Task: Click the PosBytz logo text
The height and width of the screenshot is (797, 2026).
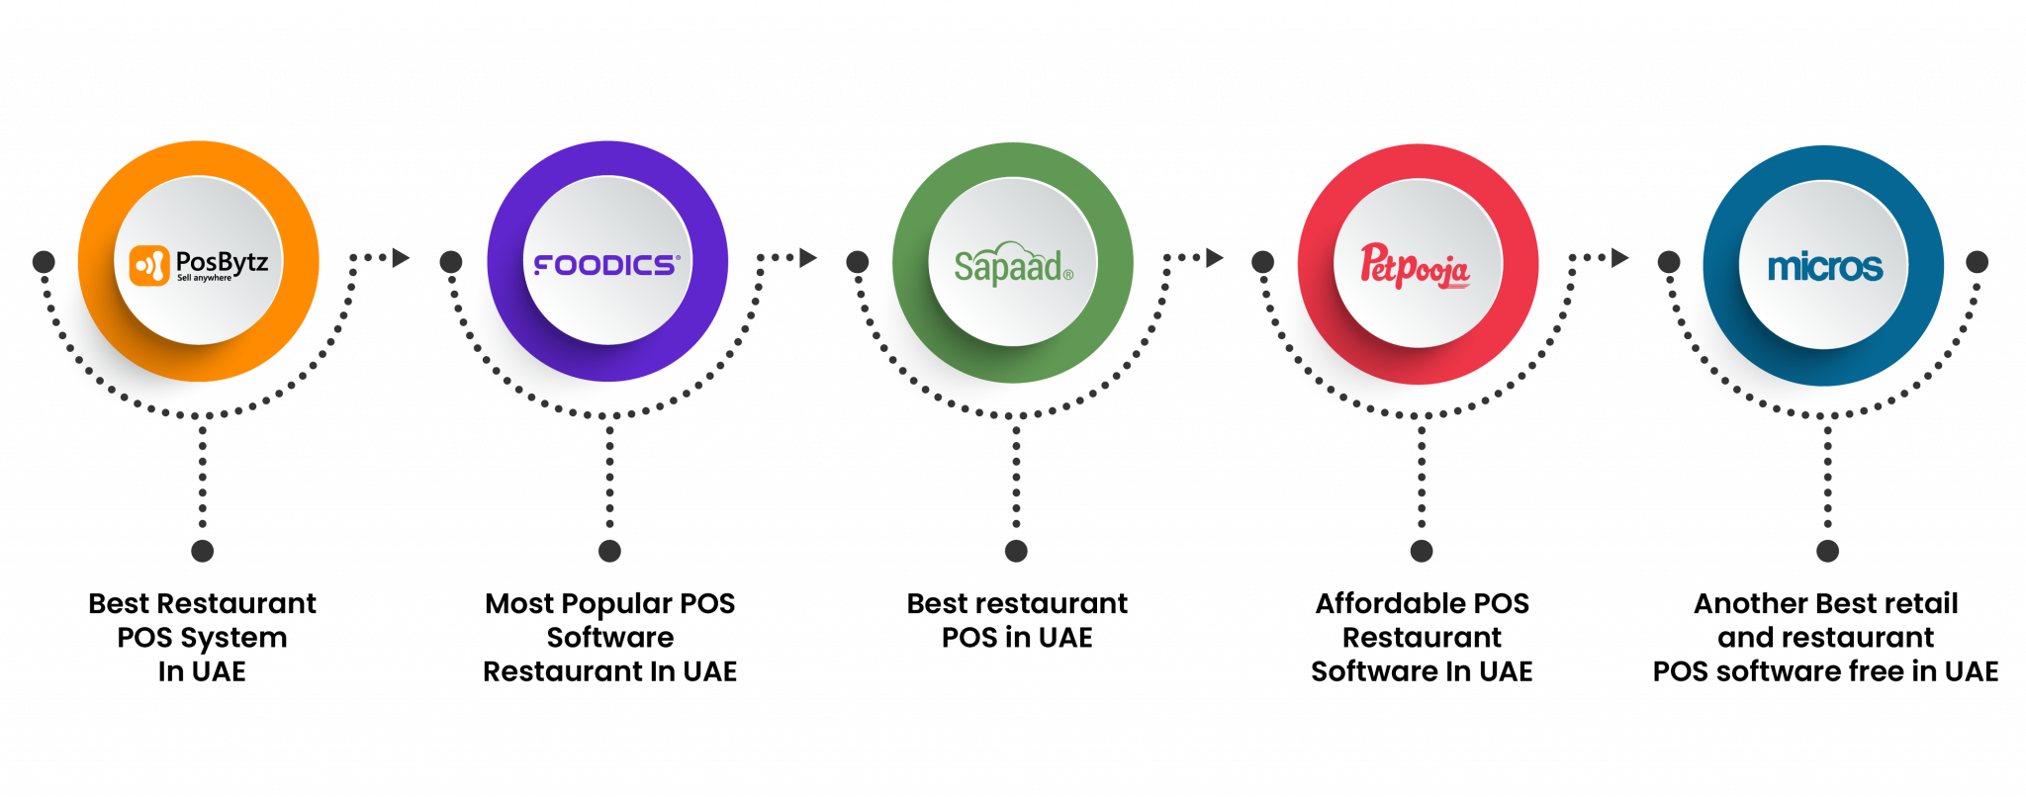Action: click(x=222, y=262)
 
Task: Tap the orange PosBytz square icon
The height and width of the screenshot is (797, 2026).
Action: click(x=149, y=265)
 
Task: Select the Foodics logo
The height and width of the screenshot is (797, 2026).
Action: click(x=606, y=265)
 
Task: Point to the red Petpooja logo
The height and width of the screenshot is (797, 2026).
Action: click(x=1415, y=266)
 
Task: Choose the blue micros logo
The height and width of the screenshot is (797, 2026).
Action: click(x=1824, y=267)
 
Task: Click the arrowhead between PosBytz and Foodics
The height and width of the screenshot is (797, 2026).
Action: click(x=401, y=258)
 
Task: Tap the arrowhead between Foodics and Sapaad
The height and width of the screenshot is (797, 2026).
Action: click(x=808, y=258)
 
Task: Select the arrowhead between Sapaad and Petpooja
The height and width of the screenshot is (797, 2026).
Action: click(x=1215, y=258)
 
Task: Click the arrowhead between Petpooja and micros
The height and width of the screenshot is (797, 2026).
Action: click(x=1620, y=258)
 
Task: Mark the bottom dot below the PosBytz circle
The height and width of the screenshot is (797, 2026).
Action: click(x=203, y=551)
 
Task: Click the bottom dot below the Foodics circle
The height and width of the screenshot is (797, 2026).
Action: click(x=609, y=551)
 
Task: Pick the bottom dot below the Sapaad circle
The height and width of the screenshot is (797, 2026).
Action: click(x=1016, y=551)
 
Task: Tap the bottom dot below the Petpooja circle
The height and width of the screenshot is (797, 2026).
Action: click(x=1422, y=551)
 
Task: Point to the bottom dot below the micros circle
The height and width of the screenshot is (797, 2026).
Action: click(x=1828, y=551)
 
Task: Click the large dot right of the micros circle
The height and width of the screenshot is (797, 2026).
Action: click(x=1977, y=262)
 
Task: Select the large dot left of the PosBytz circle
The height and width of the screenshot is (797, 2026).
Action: click(x=44, y=262)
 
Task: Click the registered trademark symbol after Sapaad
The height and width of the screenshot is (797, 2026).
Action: click(x=1068, y=275)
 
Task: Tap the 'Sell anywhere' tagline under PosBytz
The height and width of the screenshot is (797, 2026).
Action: click(x=205, y=279)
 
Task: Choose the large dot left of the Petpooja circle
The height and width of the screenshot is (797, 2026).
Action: click(x=1263, y=262)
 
